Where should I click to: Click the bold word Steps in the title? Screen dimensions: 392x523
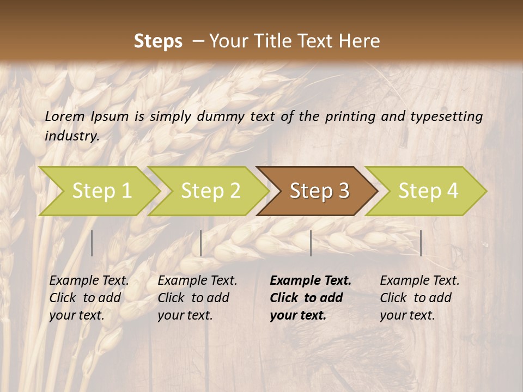[x=158, y=41]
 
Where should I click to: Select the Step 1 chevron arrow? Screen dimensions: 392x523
[x=101, y=191]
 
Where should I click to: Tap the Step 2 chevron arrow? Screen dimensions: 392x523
[x=210, y=191]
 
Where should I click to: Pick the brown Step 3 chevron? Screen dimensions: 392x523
[x=319, y=191]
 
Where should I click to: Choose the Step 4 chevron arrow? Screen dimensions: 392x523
[x=428, y=191]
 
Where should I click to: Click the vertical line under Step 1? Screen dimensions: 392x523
[x=92, y=243]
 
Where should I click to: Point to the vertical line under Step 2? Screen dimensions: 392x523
[x=201, y=243]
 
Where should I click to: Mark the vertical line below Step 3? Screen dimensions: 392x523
[x=311, y=243]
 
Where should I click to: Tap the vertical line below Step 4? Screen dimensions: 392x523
[x=421, y=243]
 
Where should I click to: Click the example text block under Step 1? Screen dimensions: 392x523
[x=89, y=298]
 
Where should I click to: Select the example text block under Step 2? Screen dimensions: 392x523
[x=197, y=298]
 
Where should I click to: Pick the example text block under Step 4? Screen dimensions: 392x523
[x=419, y=298]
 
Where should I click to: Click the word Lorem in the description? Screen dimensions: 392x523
[x=65, y=116]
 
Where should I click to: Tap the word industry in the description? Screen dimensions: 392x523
[x=71, y=136]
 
